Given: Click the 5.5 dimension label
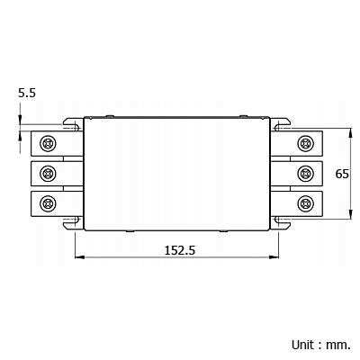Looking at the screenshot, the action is [x=27, y=93].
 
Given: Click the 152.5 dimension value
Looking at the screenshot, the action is [x=180, y=250].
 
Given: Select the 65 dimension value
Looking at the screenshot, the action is [x=342, y=174].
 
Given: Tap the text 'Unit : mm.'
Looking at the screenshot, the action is [x=321, y=345].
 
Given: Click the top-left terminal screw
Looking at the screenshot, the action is [x=48, y=143].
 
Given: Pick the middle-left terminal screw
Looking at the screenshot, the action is [x=48, y=174].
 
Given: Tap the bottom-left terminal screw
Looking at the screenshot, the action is [x=48, y=203].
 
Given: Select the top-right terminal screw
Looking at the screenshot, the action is [x=306, y=143].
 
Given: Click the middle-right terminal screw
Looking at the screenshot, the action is [x=306, y=174].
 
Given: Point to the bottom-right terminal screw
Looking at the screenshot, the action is [x=306, y=203].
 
